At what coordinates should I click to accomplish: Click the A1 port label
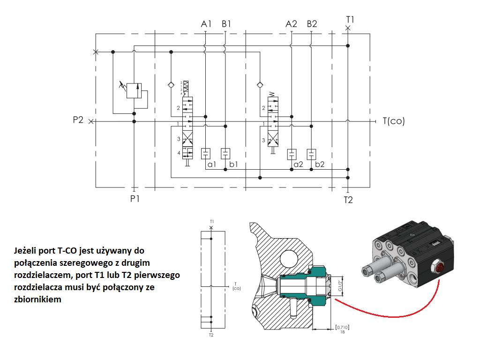point(206,24)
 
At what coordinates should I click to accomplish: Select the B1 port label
point(226,24)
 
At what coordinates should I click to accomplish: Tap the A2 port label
point(292,24)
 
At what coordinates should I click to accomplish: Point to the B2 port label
point(312,24)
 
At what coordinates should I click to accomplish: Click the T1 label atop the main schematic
point(350,19)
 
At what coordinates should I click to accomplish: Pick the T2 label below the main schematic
point(348,200)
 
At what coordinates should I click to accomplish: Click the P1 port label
point(135,198)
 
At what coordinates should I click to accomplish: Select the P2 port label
point(78,120)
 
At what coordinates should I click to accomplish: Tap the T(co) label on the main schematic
point(393,121)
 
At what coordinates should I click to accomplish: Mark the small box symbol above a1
point(206,154)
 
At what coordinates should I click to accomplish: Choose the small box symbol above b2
point(311,154)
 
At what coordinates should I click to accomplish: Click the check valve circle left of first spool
point(171,85)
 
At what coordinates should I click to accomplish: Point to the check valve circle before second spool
point(259,85)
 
